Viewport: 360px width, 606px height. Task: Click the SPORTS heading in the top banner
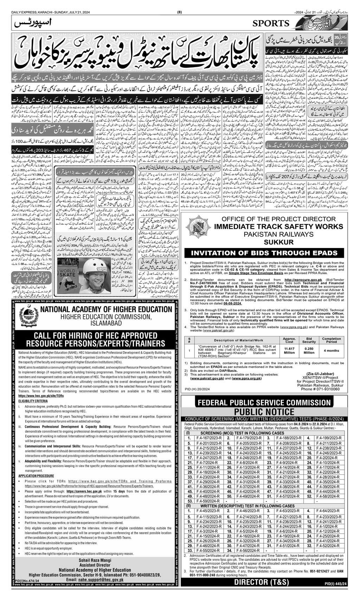[x=271, y=24]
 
